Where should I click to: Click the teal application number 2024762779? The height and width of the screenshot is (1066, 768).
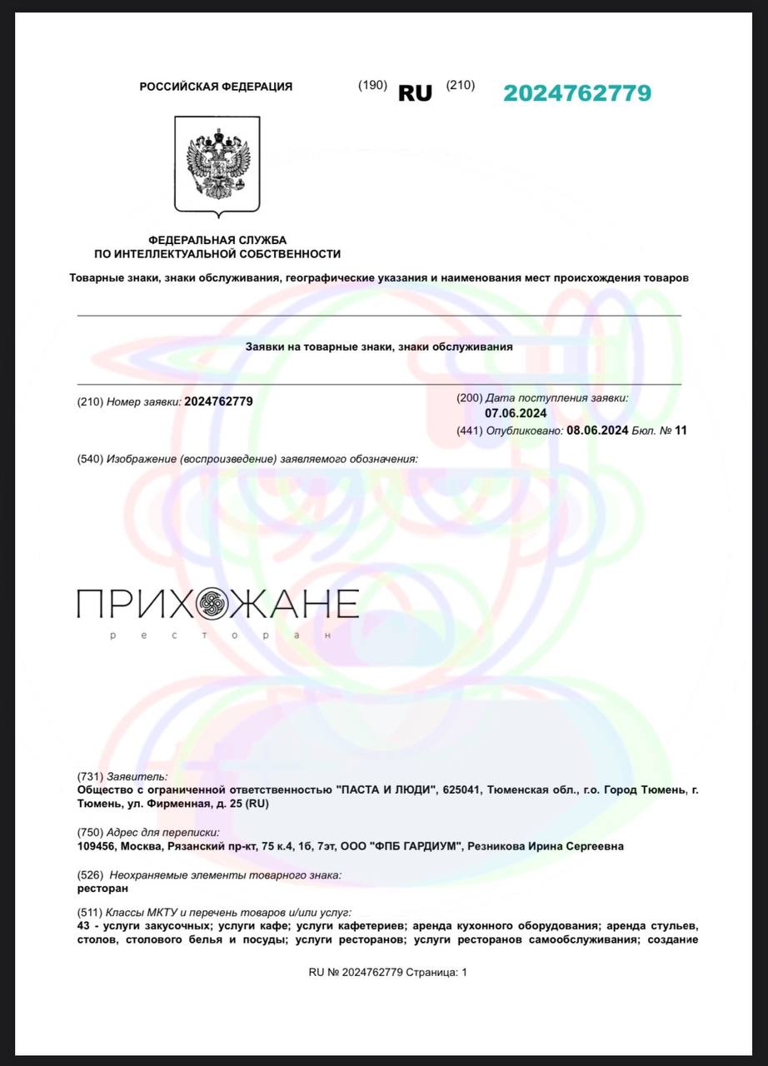coord(577,93)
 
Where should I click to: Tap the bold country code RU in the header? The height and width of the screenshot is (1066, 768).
coord(415,93)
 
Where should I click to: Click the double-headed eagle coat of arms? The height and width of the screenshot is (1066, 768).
coord(217,165)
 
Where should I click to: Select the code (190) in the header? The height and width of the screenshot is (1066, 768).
coord(372,85)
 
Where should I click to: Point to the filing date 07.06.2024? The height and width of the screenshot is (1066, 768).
coord(516,413)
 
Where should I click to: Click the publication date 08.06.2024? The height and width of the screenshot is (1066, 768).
coord(597,431)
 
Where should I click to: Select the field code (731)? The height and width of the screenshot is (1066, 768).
coord(89,776)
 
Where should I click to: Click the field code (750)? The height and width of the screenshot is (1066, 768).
coord(89,832)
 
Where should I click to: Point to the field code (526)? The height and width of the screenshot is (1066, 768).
coord(89,874)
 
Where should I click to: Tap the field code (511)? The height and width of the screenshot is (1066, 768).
coord(89,913)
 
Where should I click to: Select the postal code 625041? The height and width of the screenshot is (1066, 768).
coord(463,789)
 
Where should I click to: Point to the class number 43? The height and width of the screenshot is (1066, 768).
coord(83,926)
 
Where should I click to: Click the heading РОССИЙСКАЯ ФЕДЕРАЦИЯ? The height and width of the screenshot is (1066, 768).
coord(216,87)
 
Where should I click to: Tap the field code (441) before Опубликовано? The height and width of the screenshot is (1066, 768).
coord(470,431)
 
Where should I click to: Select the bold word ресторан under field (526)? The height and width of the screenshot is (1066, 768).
coord(97,888)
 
